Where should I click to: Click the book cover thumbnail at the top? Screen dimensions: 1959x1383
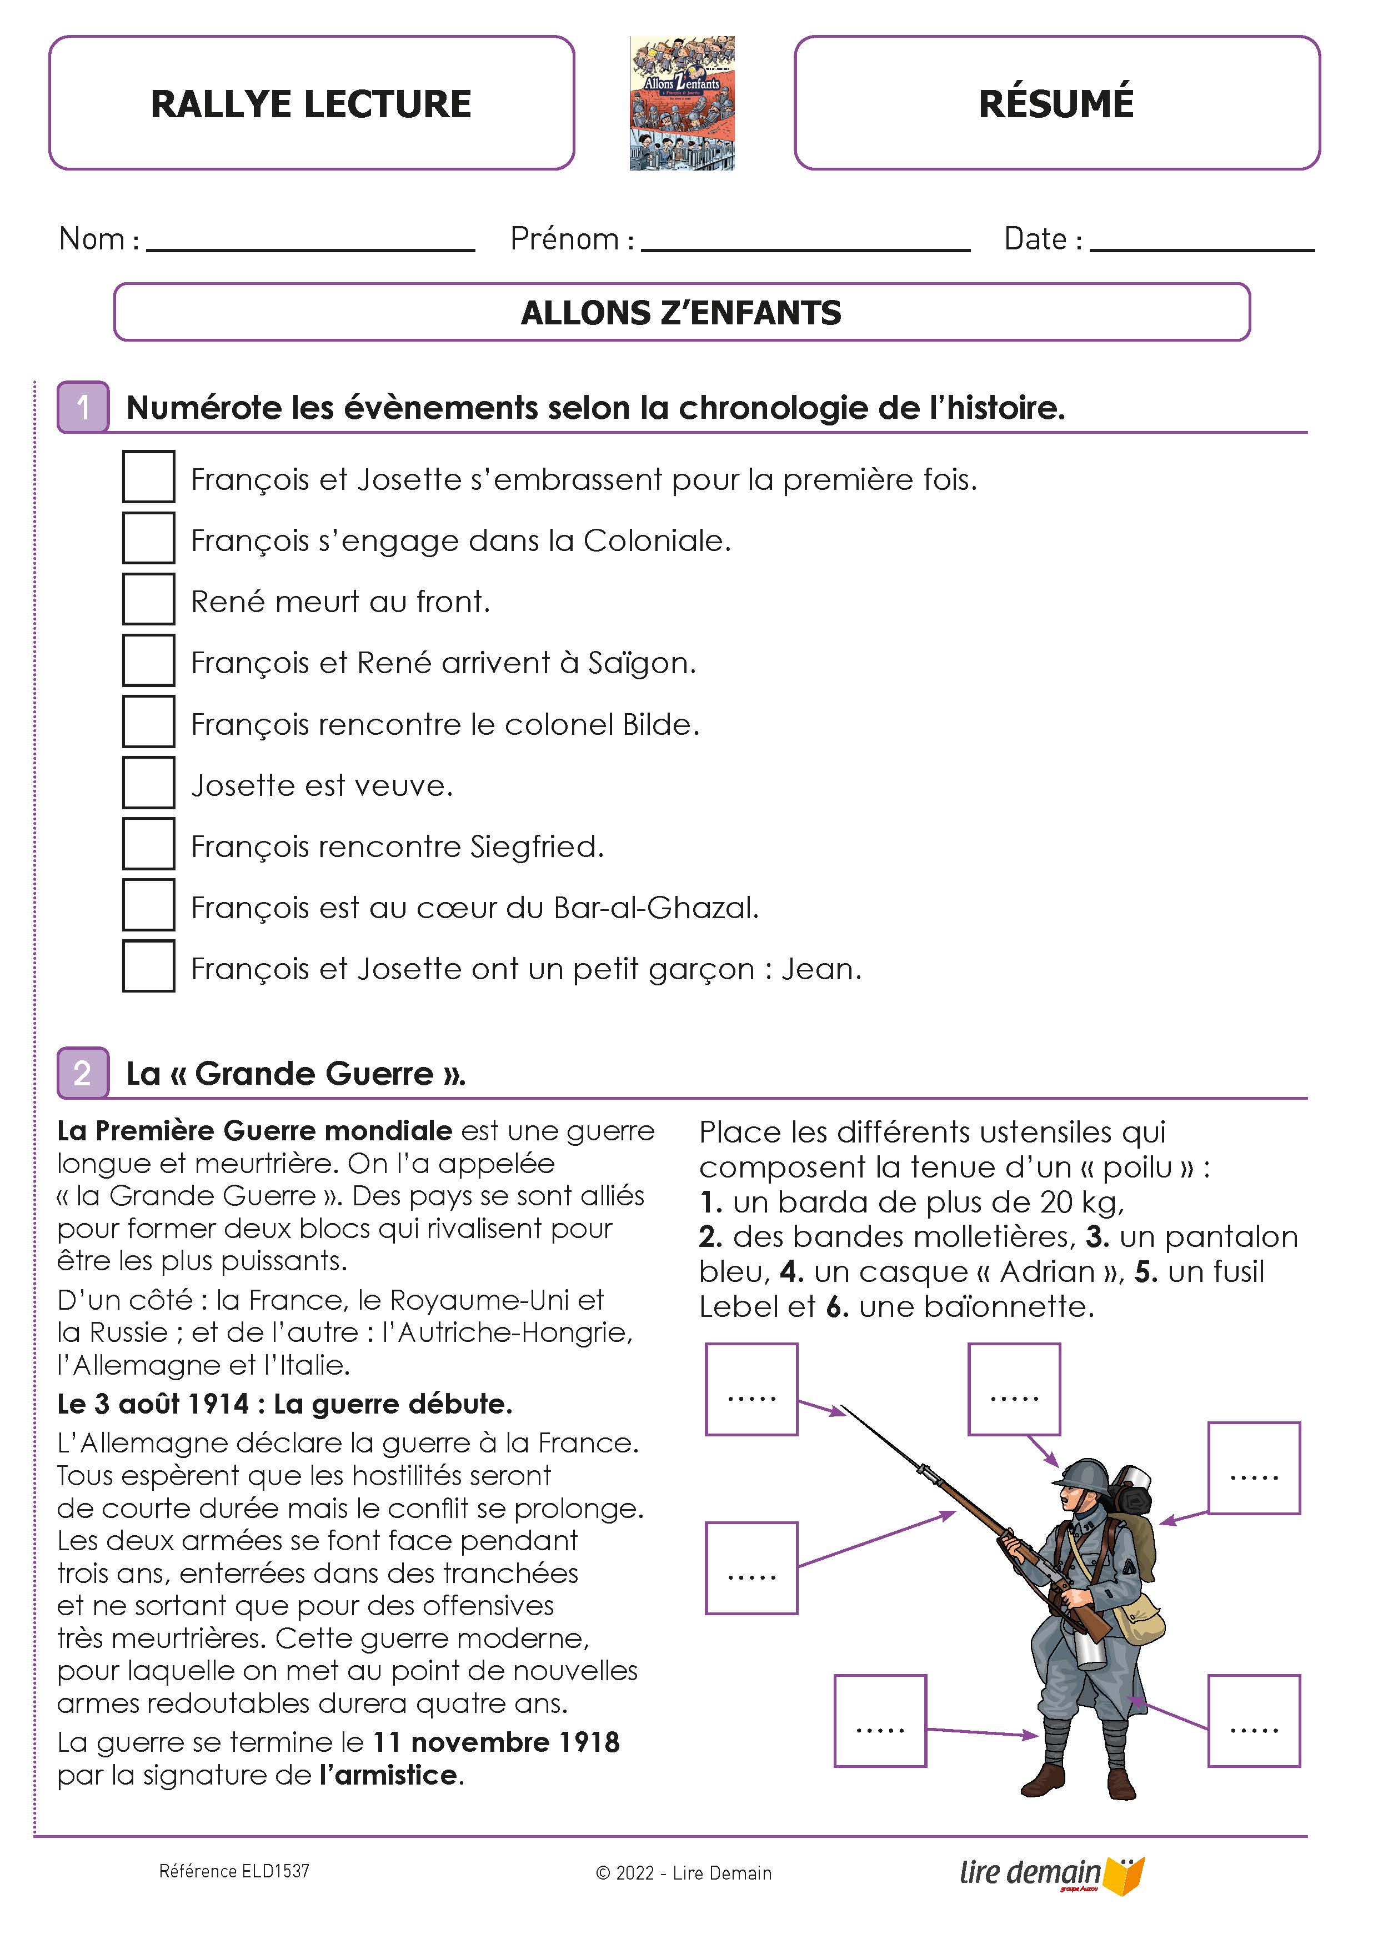tap(682, 103)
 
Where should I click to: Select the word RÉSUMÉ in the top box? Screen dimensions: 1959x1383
tap(1056, 104)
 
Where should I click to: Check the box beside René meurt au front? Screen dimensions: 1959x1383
tap(148, 599)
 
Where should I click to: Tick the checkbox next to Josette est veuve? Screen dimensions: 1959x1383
tap(148, 783)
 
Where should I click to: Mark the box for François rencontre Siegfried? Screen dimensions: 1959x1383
tap(148, 844)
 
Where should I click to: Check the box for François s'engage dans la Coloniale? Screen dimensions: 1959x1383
tap(148, 538)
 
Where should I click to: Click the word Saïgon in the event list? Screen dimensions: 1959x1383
tap(642, 663)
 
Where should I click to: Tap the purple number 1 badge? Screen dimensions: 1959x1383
tap(83, 407)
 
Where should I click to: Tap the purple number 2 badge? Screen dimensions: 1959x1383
tap(83, 1073)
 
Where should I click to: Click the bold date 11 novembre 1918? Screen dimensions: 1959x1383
tap(497, 1742)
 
